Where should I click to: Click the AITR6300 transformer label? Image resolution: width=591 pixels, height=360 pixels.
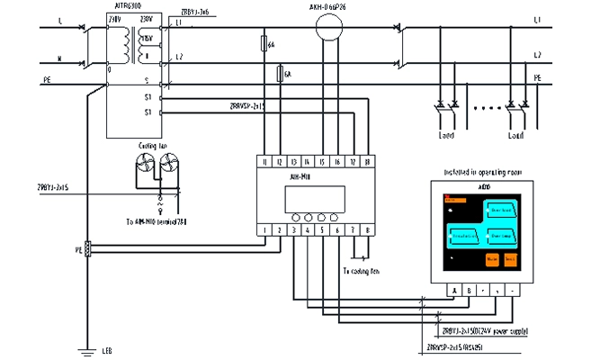[x=124, y=5]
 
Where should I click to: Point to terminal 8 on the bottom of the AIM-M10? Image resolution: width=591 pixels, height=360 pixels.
[x=368, y=230]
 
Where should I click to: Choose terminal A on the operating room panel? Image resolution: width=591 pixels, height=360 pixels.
[x=455, y=291]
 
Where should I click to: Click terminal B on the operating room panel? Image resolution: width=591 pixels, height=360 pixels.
[x=470, y=291]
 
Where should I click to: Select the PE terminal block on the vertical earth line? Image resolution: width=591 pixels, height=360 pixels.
[x=87, y=249]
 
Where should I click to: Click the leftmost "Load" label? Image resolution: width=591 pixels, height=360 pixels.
[x=447, y=137]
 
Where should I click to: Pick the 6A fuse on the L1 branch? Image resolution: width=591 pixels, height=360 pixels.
[x=264, y=43]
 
